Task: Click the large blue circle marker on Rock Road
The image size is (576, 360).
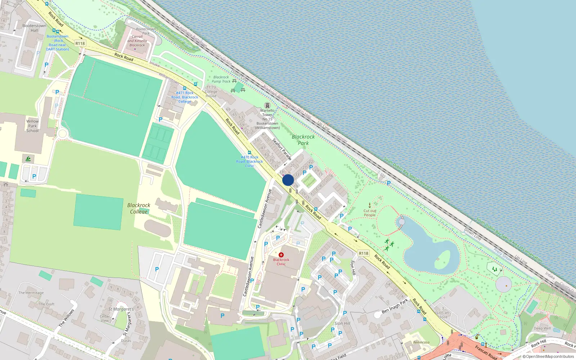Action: [x=288, y=180]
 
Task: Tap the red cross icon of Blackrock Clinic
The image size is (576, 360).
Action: [x=281, y=255]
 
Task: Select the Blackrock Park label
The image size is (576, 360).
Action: [x=303, y=140]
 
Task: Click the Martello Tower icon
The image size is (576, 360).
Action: [x=267, y=105]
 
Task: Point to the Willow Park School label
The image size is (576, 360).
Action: [x=32, y=126]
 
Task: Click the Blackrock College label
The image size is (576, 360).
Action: [x=139, y=208]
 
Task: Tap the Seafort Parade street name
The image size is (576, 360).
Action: [x=282, y=149]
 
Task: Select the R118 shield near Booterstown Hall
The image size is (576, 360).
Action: [x=80, y=44]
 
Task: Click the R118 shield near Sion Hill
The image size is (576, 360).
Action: [x=364, y=253]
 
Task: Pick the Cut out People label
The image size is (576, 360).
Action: [x=370, y=213]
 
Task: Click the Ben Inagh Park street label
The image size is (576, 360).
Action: [x=395, y=306]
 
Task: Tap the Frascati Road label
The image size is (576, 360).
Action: [x=486, y=352]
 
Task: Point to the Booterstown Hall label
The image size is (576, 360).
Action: [x=34, y=28]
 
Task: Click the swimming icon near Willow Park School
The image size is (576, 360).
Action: [x=28, y=159]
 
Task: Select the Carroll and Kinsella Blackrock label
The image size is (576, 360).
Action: [x=137, y=41]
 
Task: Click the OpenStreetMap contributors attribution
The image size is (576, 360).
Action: [x=548, y=357]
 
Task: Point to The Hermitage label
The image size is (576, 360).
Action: [x=31, y=293]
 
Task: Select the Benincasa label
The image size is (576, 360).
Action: [x=421, y=342]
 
